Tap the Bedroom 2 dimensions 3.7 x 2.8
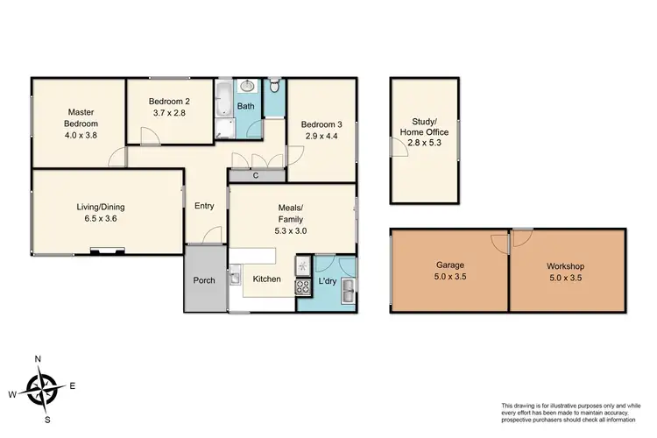(x=170, y=113)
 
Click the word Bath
(x=247, y=107)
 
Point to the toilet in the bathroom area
(x=275, y=87)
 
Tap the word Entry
(x=204, y=207)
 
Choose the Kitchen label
(x=266, y=279)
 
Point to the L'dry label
(x=328, y=281)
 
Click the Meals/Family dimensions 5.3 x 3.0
(x=290, y=230)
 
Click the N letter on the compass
(x=39, y=359)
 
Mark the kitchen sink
(x=236, y=279)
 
